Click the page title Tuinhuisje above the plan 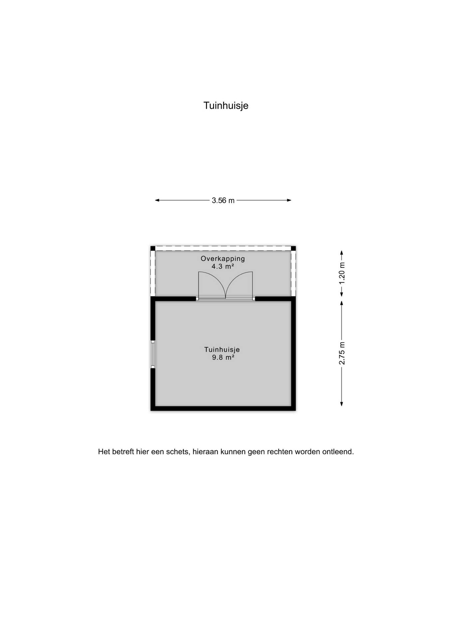(x=226, y=106)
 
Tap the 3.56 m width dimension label (x=223, y=200)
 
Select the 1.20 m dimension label (x=342, y=273)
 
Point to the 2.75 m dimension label (x=342, y=353)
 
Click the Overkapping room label (x=223, y=258)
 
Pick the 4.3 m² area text (x=223, y=266)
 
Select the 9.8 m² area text (x=223, y=357)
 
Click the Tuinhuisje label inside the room (x=222, y=350)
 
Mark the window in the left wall (x=153, y=354)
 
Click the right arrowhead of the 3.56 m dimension (x=289, y=200)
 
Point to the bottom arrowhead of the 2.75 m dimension (x=341, y=404)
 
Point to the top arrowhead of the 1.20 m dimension (x=341, y=253)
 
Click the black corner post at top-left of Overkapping (x=153, y=248)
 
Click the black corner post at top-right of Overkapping (x=293, y=248)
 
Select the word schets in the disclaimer (x=179, y=452)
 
